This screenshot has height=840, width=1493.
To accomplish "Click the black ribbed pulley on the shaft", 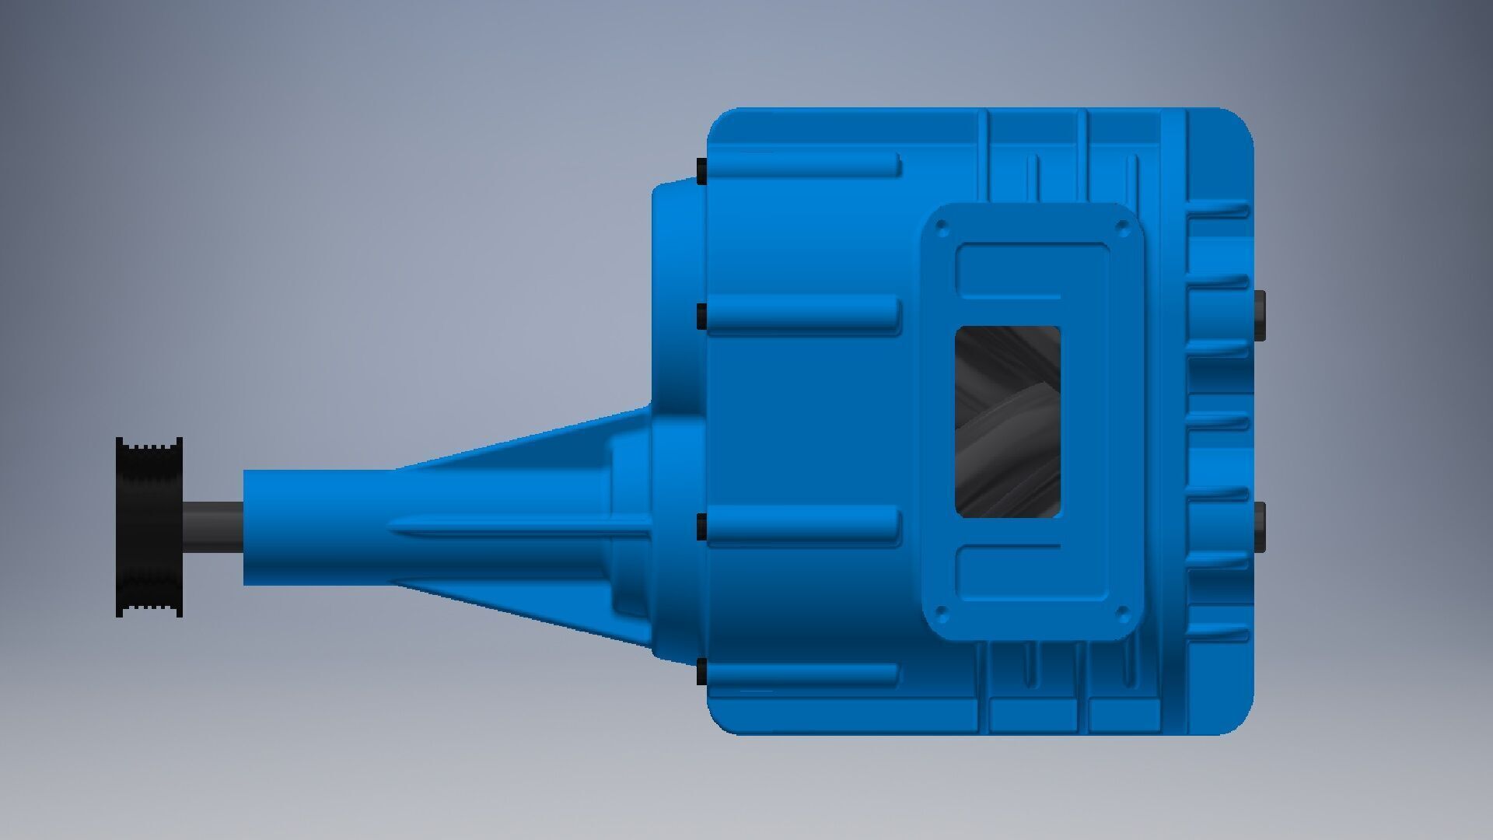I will coord(149,527).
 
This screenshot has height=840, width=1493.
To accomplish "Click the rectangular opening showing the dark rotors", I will coord(1007,421).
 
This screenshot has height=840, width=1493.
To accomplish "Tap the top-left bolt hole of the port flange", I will coord(942,229).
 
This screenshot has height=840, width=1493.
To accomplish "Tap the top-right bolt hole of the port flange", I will coord(1121,229).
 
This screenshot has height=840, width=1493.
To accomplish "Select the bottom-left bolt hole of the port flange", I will coord(942,613).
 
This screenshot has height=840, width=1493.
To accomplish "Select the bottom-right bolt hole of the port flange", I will coord(1121,613).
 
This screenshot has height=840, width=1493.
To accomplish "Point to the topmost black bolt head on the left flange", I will coord(701,171).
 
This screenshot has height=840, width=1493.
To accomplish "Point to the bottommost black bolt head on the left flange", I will coord(701,671).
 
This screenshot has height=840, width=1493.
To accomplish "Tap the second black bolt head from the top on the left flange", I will coord(701,316).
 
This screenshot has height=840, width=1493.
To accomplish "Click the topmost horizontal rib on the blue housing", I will coord(805,166).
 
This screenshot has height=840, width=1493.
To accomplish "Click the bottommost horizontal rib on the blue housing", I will coord(805,674).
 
